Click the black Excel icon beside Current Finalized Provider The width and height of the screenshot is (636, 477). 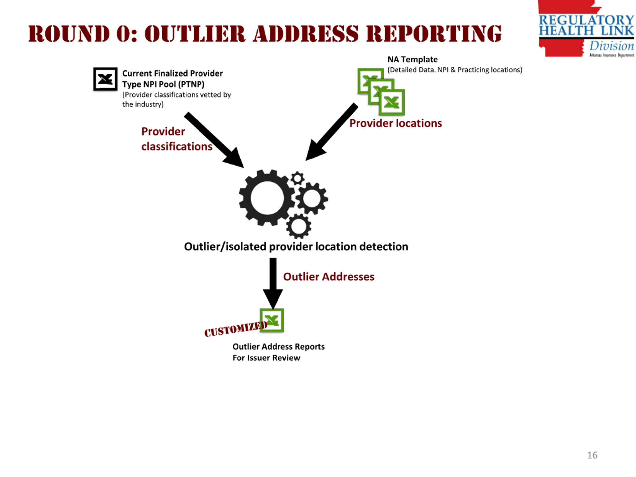pyautogui.click(x=105, y=79)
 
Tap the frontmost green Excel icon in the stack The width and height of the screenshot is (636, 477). pyautogui.click(x=392, y=102)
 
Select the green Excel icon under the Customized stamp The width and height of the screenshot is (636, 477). pyautogui.click(x=272, y=320)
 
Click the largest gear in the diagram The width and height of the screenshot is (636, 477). pyautogui.click(x=267, y=198)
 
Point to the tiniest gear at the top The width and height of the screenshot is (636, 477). pyautogui.click(x=297, y=179)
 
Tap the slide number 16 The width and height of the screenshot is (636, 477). pyautogui.click(x=592, y=455)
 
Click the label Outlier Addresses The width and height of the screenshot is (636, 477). pyautogui.click(x=329, y=277)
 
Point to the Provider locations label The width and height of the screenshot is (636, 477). pyautogui.click(x=396, y=123)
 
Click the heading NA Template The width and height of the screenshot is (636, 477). pyautogui.click(x=412, y=60)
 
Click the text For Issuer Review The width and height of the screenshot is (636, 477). pyautogui.click(x=266, y=358)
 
